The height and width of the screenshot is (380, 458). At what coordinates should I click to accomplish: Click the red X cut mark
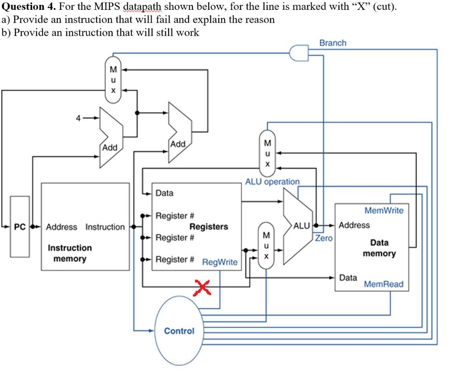[202, 287]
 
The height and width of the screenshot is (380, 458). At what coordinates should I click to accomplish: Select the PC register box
[20, 227]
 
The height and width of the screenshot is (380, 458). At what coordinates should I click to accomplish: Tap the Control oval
[179, 331]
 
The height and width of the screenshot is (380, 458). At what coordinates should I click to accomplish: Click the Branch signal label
[333, 43]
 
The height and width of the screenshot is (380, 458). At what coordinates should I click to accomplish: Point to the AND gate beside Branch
[299, 53]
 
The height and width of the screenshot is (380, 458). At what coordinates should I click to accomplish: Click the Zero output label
[324, 238]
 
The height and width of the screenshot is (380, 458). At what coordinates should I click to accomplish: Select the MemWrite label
[384, 210]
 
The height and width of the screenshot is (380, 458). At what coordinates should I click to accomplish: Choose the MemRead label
[383, 284]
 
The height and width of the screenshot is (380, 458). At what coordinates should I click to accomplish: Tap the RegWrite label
[220, 262]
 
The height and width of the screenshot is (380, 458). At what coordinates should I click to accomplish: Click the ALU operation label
[272, 182]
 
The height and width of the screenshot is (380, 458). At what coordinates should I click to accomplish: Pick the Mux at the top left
[113, 80]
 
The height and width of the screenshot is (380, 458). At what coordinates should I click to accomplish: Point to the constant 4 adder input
[78, 118]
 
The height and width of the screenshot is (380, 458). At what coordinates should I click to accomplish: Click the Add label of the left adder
[109, 147]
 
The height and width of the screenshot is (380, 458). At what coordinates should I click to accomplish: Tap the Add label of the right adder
[178, 144]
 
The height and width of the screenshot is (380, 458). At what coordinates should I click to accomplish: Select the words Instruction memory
[69, 253]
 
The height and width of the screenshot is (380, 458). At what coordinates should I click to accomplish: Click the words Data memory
[379, 248]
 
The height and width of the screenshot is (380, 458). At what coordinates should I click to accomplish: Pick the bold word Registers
[208, 227]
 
